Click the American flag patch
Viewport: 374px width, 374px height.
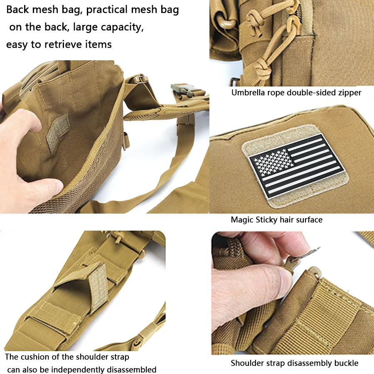click(296, 166)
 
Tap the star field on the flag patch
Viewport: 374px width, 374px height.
click(274, 162)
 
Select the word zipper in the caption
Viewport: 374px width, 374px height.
click(349, 93)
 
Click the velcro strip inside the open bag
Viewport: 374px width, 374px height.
click(57, 133)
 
